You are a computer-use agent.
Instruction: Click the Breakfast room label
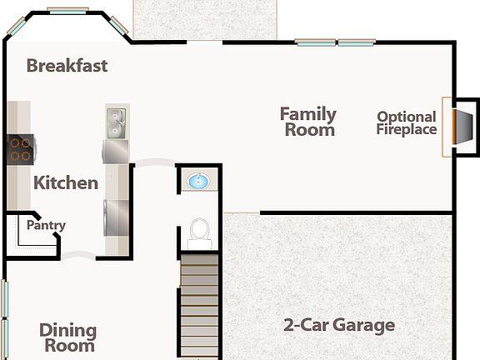[67, 65]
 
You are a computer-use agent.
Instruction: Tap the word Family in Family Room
[307, 114]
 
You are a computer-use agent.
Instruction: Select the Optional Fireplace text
[406, 123]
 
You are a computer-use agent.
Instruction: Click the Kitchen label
[66, 182]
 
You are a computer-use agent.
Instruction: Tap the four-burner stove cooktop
[20, 149]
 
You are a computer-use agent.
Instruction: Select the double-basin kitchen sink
[116, 122]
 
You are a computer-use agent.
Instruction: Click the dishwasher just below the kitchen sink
[116, 152]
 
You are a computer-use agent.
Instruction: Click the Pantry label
[46, 225]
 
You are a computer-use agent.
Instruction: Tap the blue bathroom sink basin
[198, 181]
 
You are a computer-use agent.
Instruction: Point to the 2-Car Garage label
[338, 325]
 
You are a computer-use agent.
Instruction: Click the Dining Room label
[67, 337]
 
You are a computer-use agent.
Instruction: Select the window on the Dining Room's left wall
[3, 312]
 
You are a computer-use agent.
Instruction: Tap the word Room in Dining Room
[68, 345]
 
